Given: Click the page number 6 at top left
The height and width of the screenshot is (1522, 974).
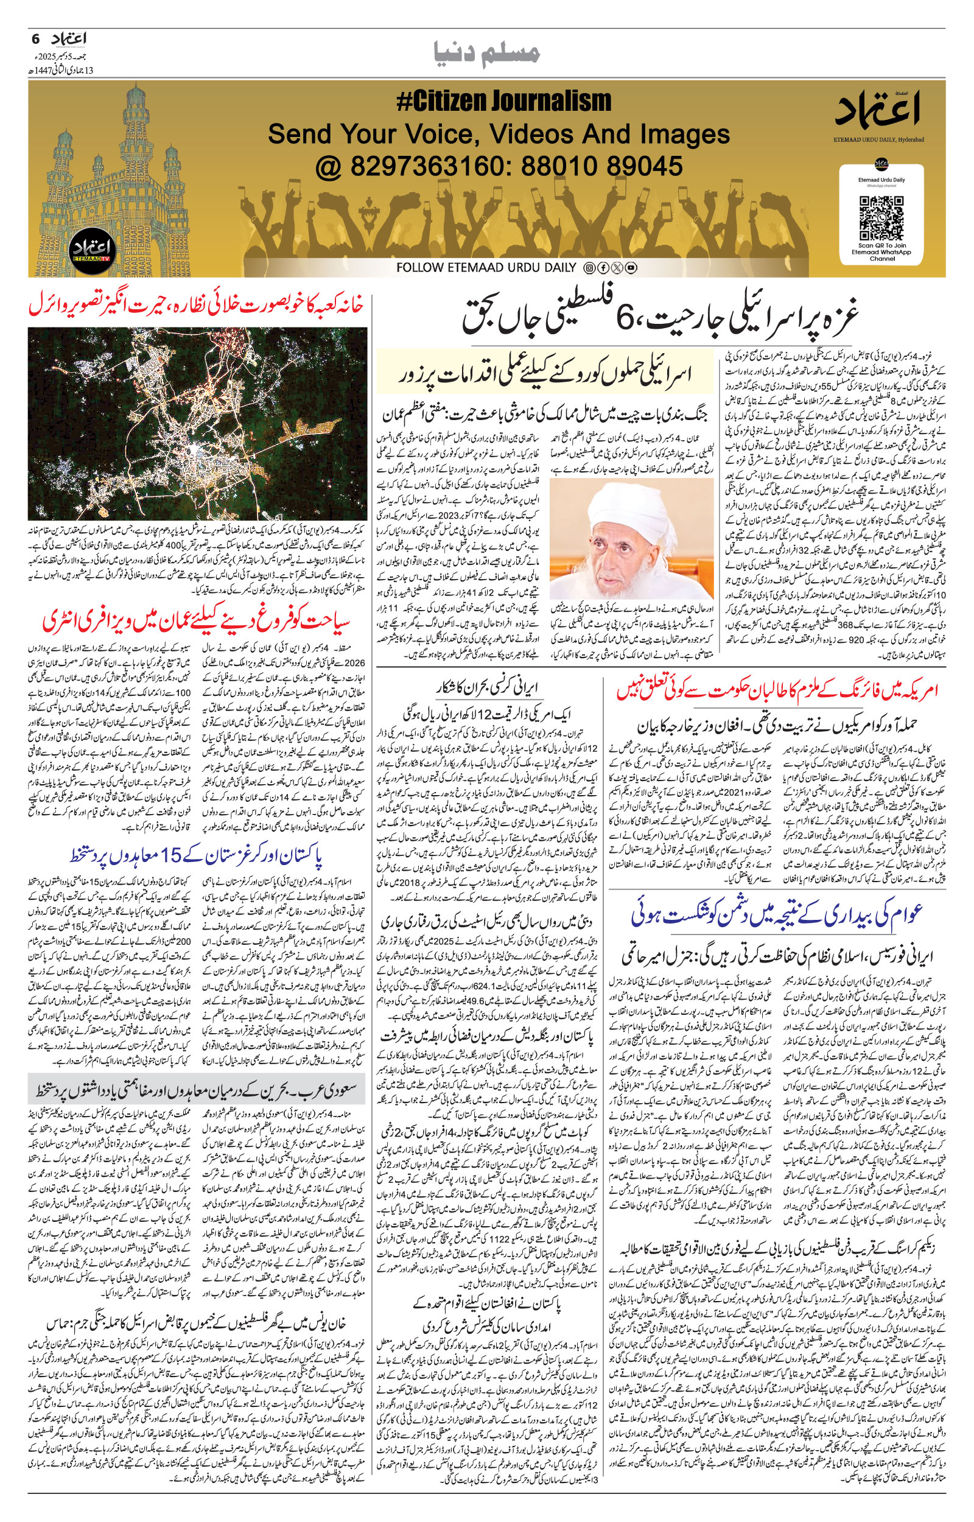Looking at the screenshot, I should click(35, 39).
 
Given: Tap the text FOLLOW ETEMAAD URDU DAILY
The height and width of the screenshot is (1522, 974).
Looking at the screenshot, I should click(486, 267).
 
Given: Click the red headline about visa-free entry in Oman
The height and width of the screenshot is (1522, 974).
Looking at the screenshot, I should click(197, 622).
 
